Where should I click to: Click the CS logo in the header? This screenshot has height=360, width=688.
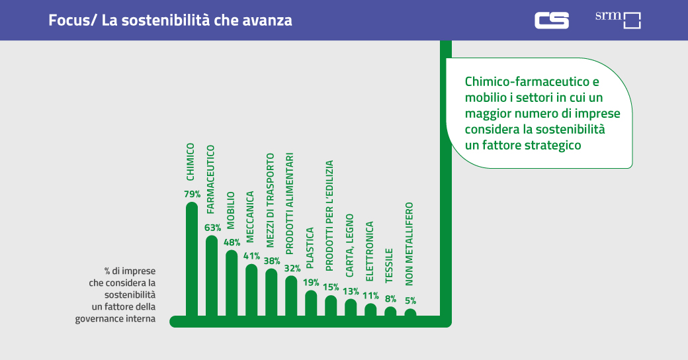click(x=552, y=20)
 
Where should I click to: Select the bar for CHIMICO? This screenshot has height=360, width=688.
click(x=192, y=261)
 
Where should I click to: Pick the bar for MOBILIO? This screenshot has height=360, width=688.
click(x=232, y=285)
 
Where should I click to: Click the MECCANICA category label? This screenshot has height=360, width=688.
click(x=251, y=215)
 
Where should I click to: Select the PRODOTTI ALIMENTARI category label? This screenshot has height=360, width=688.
click(x=290, y=204)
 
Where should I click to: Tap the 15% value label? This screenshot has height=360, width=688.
click(x=331, y=287)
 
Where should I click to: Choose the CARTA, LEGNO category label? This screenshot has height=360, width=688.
click(x=350, y=245)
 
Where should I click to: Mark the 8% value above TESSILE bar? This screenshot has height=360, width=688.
click(x=390, y=298)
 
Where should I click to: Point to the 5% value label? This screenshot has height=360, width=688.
click(x=410, y=300)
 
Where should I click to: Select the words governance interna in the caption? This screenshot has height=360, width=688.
click(x=115, y=318)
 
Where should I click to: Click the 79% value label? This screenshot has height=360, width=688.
click(x=192, y=195)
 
